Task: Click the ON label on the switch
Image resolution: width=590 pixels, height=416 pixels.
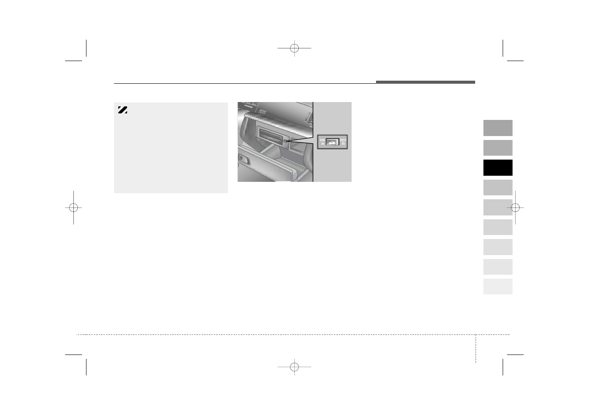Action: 322,140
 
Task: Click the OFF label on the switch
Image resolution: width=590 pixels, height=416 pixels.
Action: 343,140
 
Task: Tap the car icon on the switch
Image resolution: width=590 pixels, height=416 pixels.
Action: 333,142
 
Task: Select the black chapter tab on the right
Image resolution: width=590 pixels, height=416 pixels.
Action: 497,167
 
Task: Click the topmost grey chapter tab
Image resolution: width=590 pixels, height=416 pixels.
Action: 497,128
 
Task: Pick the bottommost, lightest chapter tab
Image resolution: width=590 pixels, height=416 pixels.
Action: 497,286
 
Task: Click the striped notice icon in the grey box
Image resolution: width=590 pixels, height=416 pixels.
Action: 122,110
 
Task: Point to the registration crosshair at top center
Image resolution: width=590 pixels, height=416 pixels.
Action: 294,48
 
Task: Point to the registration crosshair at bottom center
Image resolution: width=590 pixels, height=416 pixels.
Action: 294,367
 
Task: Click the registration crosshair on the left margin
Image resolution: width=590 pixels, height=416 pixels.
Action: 73,208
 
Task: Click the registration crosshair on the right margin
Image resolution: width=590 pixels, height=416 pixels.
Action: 515,208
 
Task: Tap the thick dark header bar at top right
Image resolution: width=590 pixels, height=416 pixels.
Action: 425,82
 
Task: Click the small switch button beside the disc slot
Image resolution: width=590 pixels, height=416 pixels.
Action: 285,141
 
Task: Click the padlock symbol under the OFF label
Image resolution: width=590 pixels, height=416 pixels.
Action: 344,143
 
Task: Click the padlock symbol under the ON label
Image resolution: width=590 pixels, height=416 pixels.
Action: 322,143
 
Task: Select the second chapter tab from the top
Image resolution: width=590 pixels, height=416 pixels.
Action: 497,148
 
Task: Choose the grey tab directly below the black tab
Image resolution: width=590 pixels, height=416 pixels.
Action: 497,188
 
